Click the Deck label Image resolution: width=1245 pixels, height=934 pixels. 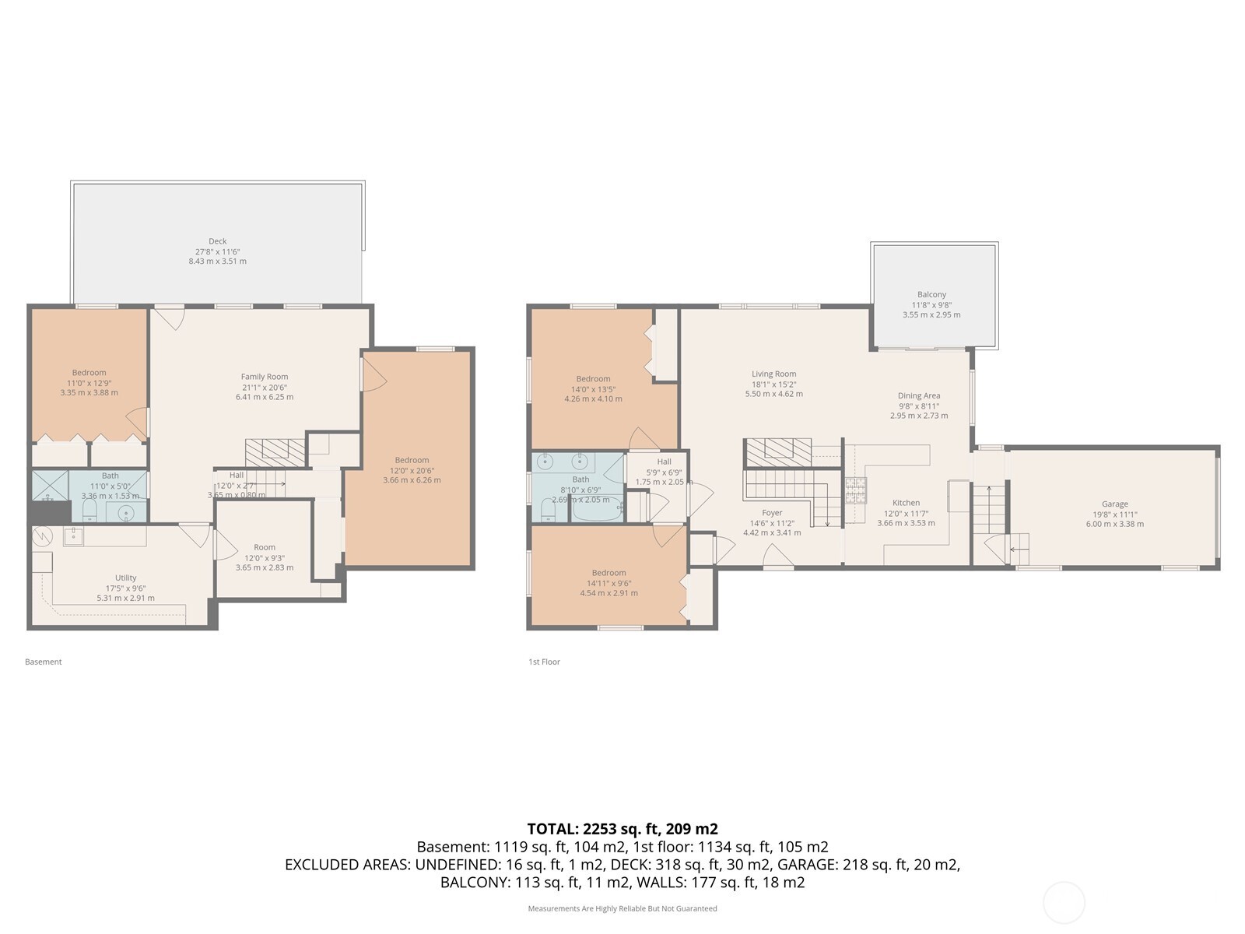coord(217,241)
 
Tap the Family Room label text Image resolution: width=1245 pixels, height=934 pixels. coord(265,377)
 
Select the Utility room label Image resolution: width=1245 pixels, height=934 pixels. coord(125,578)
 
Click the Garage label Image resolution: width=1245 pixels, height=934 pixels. coord(1114,504)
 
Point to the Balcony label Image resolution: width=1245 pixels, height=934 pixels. coord(931,294)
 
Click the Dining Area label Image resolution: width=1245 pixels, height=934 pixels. coord(919,395)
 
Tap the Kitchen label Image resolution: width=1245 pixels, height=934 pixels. coord(906,503)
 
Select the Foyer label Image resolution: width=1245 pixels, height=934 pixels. coord(772,513)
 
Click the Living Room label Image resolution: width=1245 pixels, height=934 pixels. coord(773,374)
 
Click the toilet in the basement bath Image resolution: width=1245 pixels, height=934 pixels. coord(89,510)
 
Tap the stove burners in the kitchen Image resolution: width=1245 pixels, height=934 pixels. coord(855,490)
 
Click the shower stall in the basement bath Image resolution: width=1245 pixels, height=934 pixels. coord(49,485)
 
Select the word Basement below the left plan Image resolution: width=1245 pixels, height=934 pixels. coord(43,662)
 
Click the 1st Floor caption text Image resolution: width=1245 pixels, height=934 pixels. coord(544,662)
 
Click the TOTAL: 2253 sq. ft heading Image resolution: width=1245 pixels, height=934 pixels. coord(622,829)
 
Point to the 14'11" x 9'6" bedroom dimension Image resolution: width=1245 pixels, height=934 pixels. coord(608,583)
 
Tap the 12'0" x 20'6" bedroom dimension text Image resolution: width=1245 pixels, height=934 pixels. coord(412,470)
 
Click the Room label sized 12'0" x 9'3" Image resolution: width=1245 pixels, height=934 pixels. coord(265,547)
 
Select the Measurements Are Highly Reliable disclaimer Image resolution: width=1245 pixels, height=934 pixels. coord(622,908)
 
